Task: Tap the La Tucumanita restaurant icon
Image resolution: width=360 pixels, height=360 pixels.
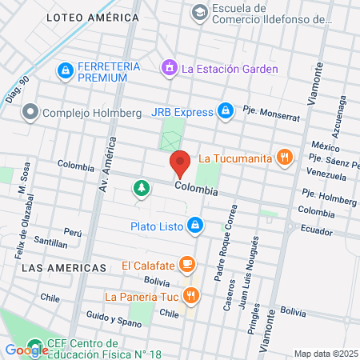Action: [282, 157]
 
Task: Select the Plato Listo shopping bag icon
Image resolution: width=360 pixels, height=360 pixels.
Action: [194, 226]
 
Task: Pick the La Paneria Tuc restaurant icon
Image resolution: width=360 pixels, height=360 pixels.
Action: [190, 295]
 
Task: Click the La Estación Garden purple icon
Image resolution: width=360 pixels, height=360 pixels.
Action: [169, 69]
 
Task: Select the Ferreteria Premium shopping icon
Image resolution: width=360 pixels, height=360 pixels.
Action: [64, 71]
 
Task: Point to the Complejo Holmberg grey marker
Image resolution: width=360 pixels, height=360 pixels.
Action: [30, 112]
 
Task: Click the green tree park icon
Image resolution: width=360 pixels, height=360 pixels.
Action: [142, 187]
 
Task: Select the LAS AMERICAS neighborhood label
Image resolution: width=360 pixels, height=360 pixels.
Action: [64, 267]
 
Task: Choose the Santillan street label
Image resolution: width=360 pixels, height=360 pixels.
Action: [51, 241]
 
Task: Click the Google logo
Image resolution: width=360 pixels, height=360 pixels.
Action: [26, 350]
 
